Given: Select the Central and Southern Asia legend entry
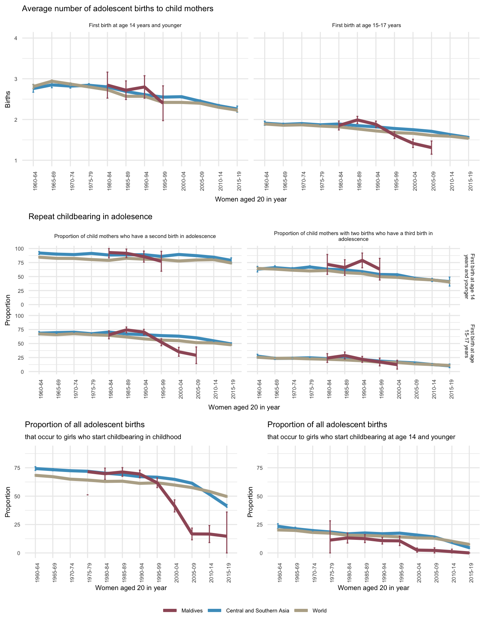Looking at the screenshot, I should [x=257, y=611].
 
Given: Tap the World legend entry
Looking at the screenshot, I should [x=319, y=611].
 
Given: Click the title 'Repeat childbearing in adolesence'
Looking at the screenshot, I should [x=90, y=217].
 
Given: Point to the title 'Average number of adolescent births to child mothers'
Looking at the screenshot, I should [x=118, y=9].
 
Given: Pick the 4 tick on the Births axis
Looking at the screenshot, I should [x=16, y=38].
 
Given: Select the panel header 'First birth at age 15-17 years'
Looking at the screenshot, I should [x=366, y=25].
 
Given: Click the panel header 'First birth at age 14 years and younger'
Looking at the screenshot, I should [x=135, y=25].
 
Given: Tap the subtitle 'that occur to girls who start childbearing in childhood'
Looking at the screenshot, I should [x=103, y=437].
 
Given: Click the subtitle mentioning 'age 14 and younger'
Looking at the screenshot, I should [x=361, y=437].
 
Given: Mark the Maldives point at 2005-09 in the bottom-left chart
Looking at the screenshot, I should [x=192, y=534].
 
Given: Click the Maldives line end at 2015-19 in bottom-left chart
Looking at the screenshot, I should [x=227, y=536].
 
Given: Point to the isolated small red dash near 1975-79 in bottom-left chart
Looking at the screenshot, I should [x=88, y=495].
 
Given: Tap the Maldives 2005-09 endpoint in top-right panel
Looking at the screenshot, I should [x=431, y=147].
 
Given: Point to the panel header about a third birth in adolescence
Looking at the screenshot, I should [x=353, y=236].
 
